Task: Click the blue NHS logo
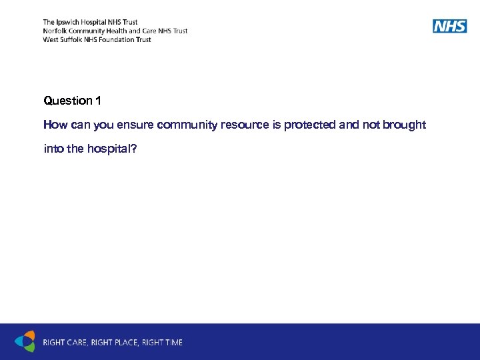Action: pos(449,26)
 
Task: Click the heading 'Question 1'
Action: pos(72,101)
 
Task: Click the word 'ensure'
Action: pos(137,125)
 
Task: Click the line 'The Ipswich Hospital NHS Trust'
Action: pos(90,22)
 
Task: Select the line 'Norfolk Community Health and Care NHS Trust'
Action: pos(115,31)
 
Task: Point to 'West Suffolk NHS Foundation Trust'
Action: pos(97,39)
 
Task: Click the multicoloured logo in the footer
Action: pos(25,341)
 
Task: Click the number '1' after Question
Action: pos(98,101)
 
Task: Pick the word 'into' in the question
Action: pos(53,149)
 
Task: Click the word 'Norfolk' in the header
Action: pos(55,31)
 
